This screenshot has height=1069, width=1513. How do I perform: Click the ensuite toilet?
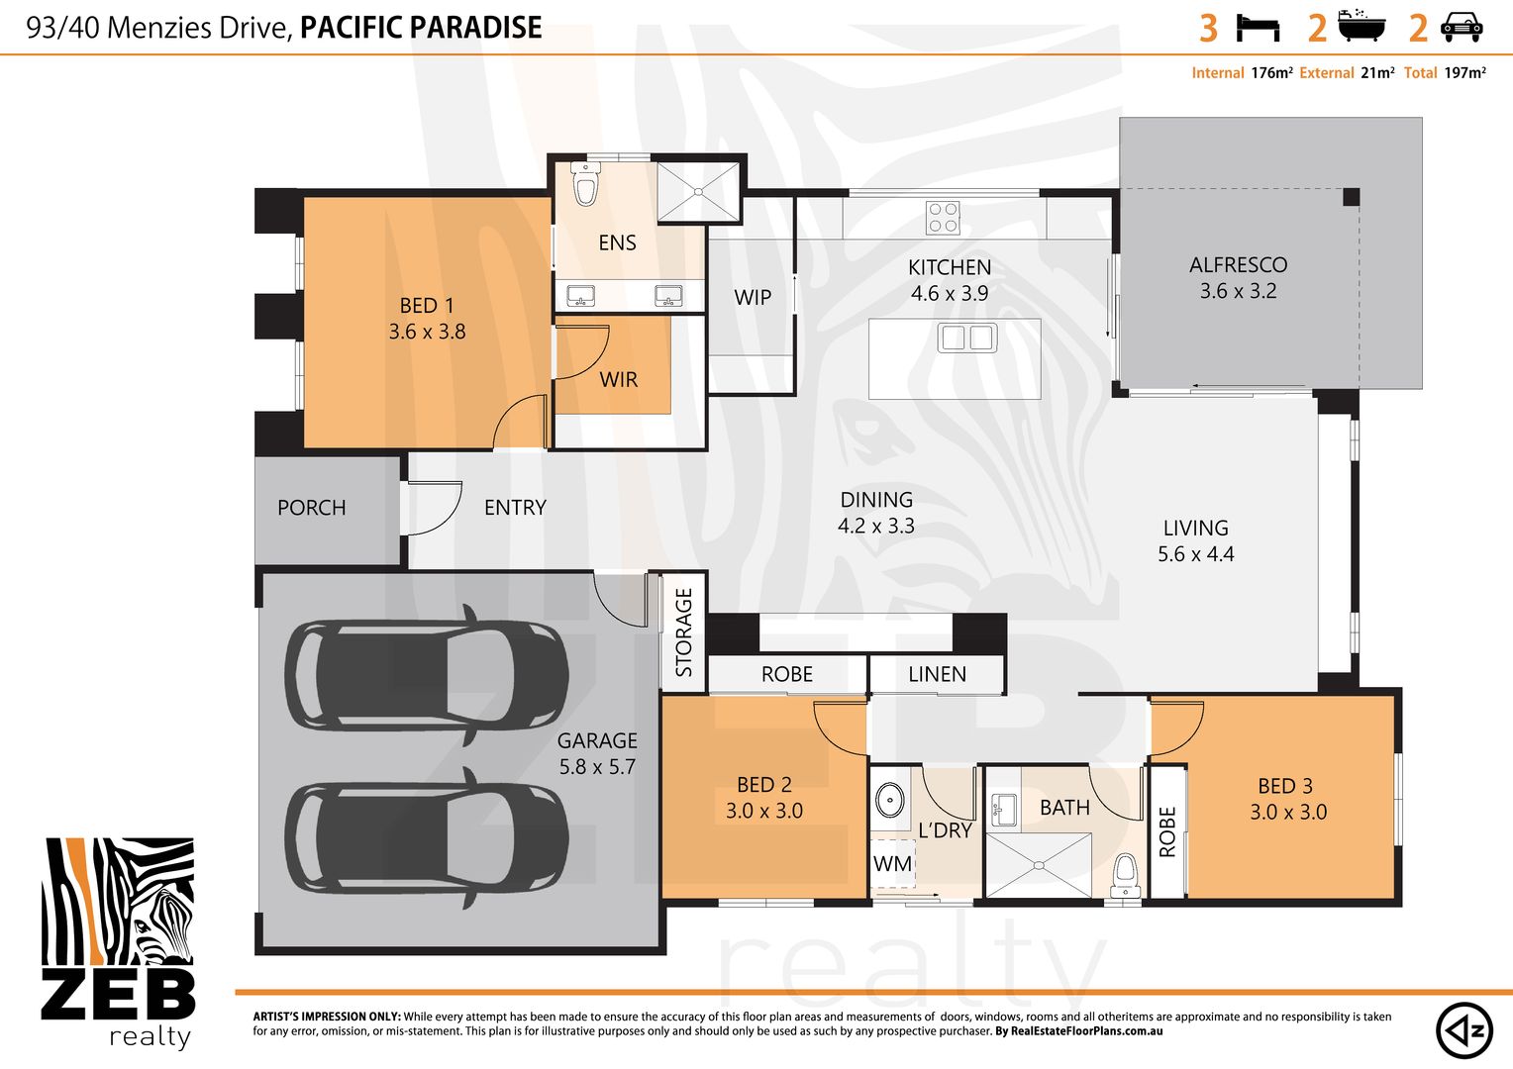pyautogui.click(x=585, y=184)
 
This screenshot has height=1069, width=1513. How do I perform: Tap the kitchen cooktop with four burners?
pyautogui.click(x=943, y=218)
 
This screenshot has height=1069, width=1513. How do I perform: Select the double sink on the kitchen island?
pyautogui.click(x=967, y=337)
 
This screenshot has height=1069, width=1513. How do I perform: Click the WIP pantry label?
pyautogui.click(x=753, y=297)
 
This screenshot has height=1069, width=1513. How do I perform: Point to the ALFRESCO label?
pyautogui.click(x=1238, y=264)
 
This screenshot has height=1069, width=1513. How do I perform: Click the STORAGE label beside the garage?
pyautogui.click(x=684, y=632)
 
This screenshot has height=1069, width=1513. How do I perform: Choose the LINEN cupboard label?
pyautogui.click(x=937, y=674)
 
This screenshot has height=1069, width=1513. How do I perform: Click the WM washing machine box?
pyautogui.click(x=893, y=863)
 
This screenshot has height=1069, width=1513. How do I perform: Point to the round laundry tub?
pyautogui.click(x=890, y=800)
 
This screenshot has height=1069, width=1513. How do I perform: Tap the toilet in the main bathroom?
pyautogui.click(x=1125, y=876)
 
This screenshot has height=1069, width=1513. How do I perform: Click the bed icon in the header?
pyautogui.click(x=1258, y=29)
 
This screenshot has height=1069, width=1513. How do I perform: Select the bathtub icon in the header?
pyautogui.click(x=1362, y=26)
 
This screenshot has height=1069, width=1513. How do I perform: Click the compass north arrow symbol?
pyautogui.click(x=1464, y=1030)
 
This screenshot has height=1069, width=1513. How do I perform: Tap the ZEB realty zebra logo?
pyautogui.click(x=118, y=942)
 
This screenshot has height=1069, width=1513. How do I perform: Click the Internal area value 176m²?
pyautogui.click(x=1271, y=73)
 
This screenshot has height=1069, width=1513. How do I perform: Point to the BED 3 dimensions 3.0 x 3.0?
pyautogui.click(x=1288, y=812)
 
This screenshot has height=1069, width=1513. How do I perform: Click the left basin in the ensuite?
pyautogui.click(x=581, y=296)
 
